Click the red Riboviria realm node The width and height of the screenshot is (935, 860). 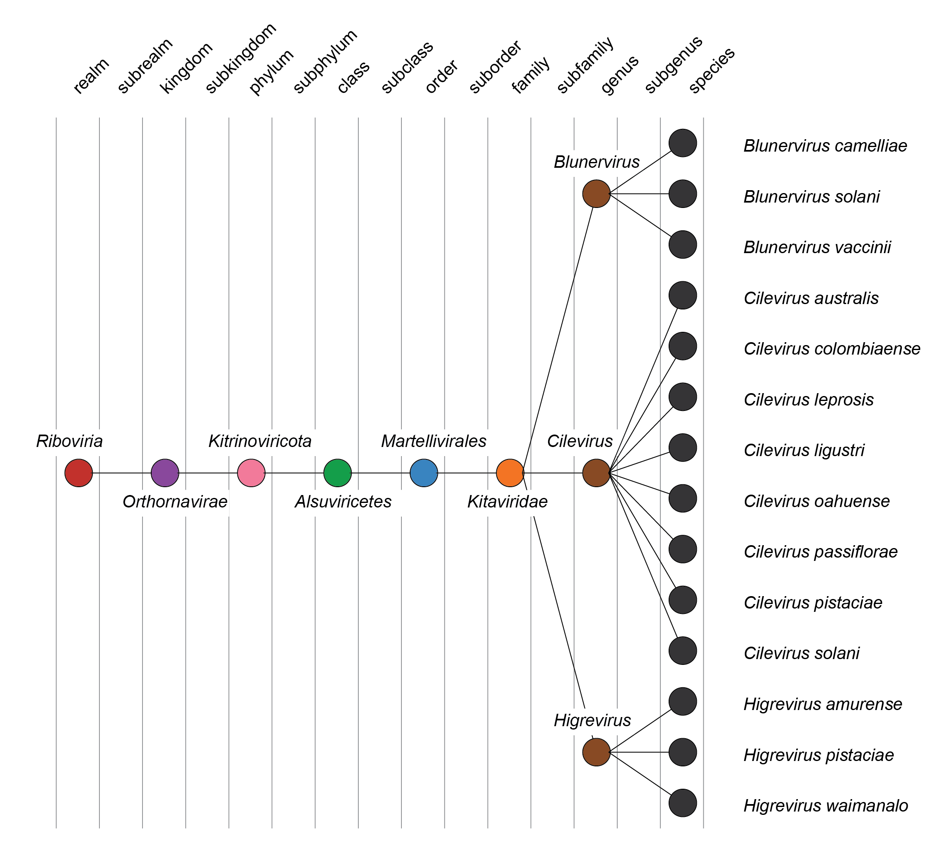pos(79,473)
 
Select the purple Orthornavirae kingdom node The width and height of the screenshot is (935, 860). pos(165,473)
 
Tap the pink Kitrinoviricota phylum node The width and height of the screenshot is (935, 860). pos(251,473)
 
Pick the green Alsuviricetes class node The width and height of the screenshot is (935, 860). pos(337,473)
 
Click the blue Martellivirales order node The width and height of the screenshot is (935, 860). pos(423,473)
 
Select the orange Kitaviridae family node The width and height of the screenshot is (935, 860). pos(510,473)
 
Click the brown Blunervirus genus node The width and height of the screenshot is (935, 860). pos(596,193)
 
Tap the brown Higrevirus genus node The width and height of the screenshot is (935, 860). pos(596,752)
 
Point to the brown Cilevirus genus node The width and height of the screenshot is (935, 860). pos(596,473)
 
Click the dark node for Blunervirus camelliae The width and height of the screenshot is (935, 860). pos(683,143)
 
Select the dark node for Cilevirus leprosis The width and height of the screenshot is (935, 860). pos(683,397)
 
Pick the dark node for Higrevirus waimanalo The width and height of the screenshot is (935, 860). pos(683,803)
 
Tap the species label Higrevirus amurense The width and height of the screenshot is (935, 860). pos(822,704)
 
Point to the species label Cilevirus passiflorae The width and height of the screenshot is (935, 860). pos(821,552)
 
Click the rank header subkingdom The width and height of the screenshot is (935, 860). pos(241,59)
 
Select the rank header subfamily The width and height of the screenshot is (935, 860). pos(585,66)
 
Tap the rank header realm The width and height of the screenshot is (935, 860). pos(91,76)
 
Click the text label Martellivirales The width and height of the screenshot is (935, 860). pos(433,441)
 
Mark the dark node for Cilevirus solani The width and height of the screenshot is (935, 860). pos(683,650)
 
